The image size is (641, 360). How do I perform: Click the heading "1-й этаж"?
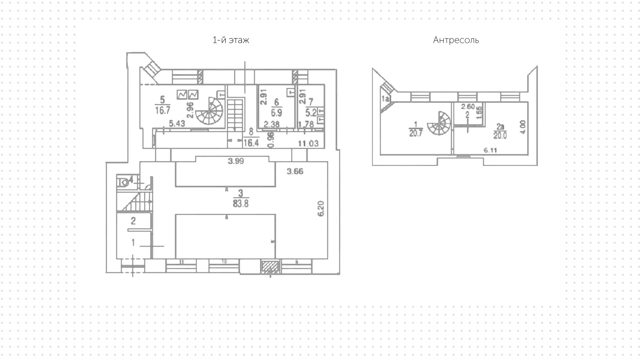click(x=231, y=40)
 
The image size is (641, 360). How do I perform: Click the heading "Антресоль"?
click(x=456, y=40)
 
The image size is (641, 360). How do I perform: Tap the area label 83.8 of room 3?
click(x=241, y=203)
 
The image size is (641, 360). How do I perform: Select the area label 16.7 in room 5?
click(x=163, y=111)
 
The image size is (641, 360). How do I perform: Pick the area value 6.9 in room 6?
click(x=276, y=113)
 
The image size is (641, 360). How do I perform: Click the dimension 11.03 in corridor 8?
click(x=308, y=144)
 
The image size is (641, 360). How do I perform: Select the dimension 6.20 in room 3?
click(x=321, y=209)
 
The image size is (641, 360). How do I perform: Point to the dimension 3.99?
click(x=236, y=161)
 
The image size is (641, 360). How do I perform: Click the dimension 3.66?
click(x=295, y=172)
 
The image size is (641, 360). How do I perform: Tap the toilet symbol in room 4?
click(x=124, y=182)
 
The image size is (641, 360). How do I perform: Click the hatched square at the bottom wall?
click(x=270, y=267)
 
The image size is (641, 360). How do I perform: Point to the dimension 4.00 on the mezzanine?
click(x=522, y=127)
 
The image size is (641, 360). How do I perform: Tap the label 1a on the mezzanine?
click(x=386, y=99)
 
